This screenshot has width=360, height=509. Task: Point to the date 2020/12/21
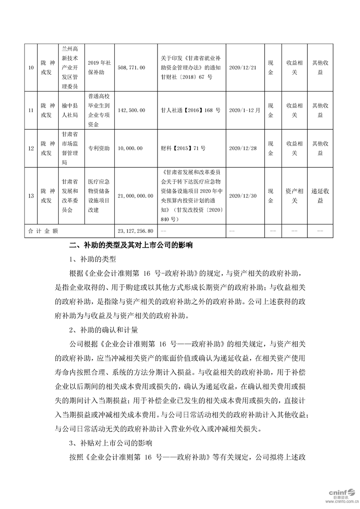coord(243,68)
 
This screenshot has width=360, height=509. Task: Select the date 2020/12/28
coord(243,148)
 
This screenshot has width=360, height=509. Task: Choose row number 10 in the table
coord(31,68)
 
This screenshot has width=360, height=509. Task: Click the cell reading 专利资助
coord(99,148)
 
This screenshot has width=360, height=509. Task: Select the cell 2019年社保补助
coord(99,68)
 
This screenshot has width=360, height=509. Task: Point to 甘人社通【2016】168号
coord(191,110)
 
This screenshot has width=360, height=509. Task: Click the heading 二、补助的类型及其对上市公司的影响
coord(131,245)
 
